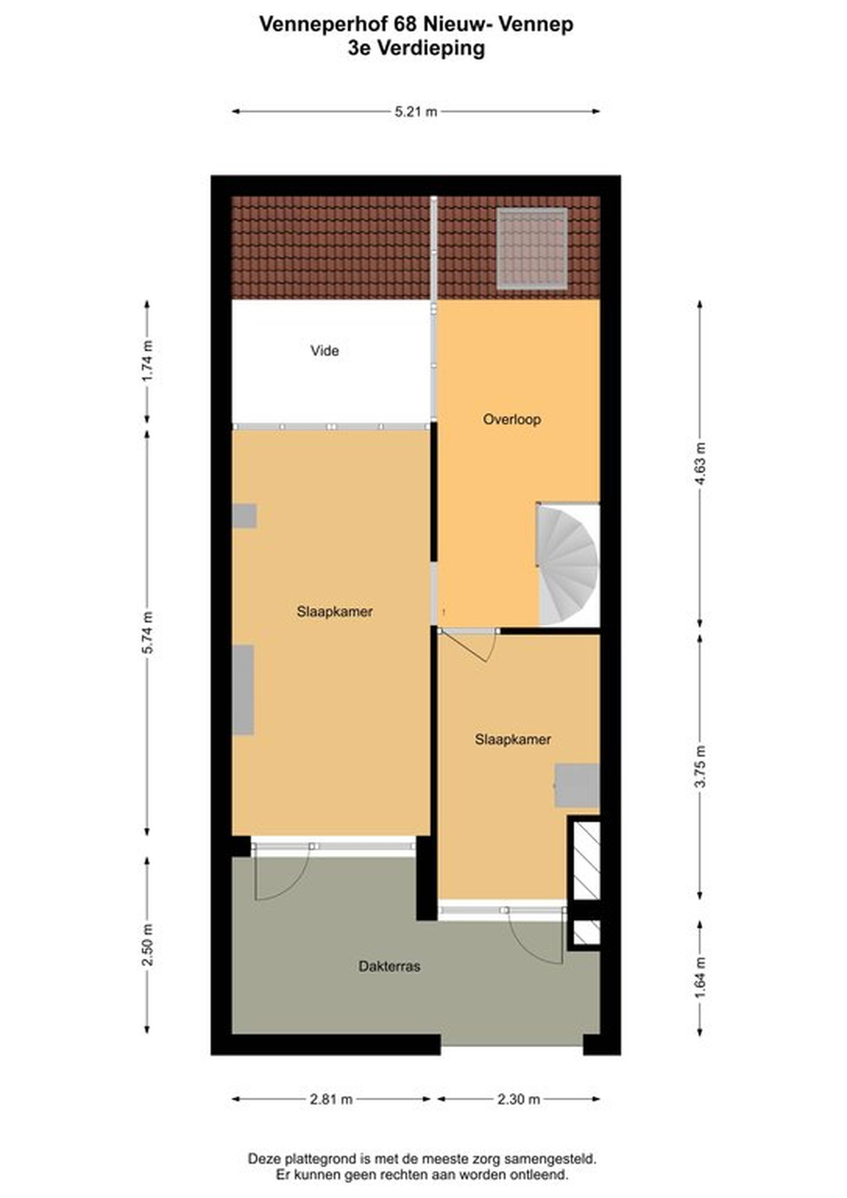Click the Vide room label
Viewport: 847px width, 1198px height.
[325, 351]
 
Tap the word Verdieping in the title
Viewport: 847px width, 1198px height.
[431, 49]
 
